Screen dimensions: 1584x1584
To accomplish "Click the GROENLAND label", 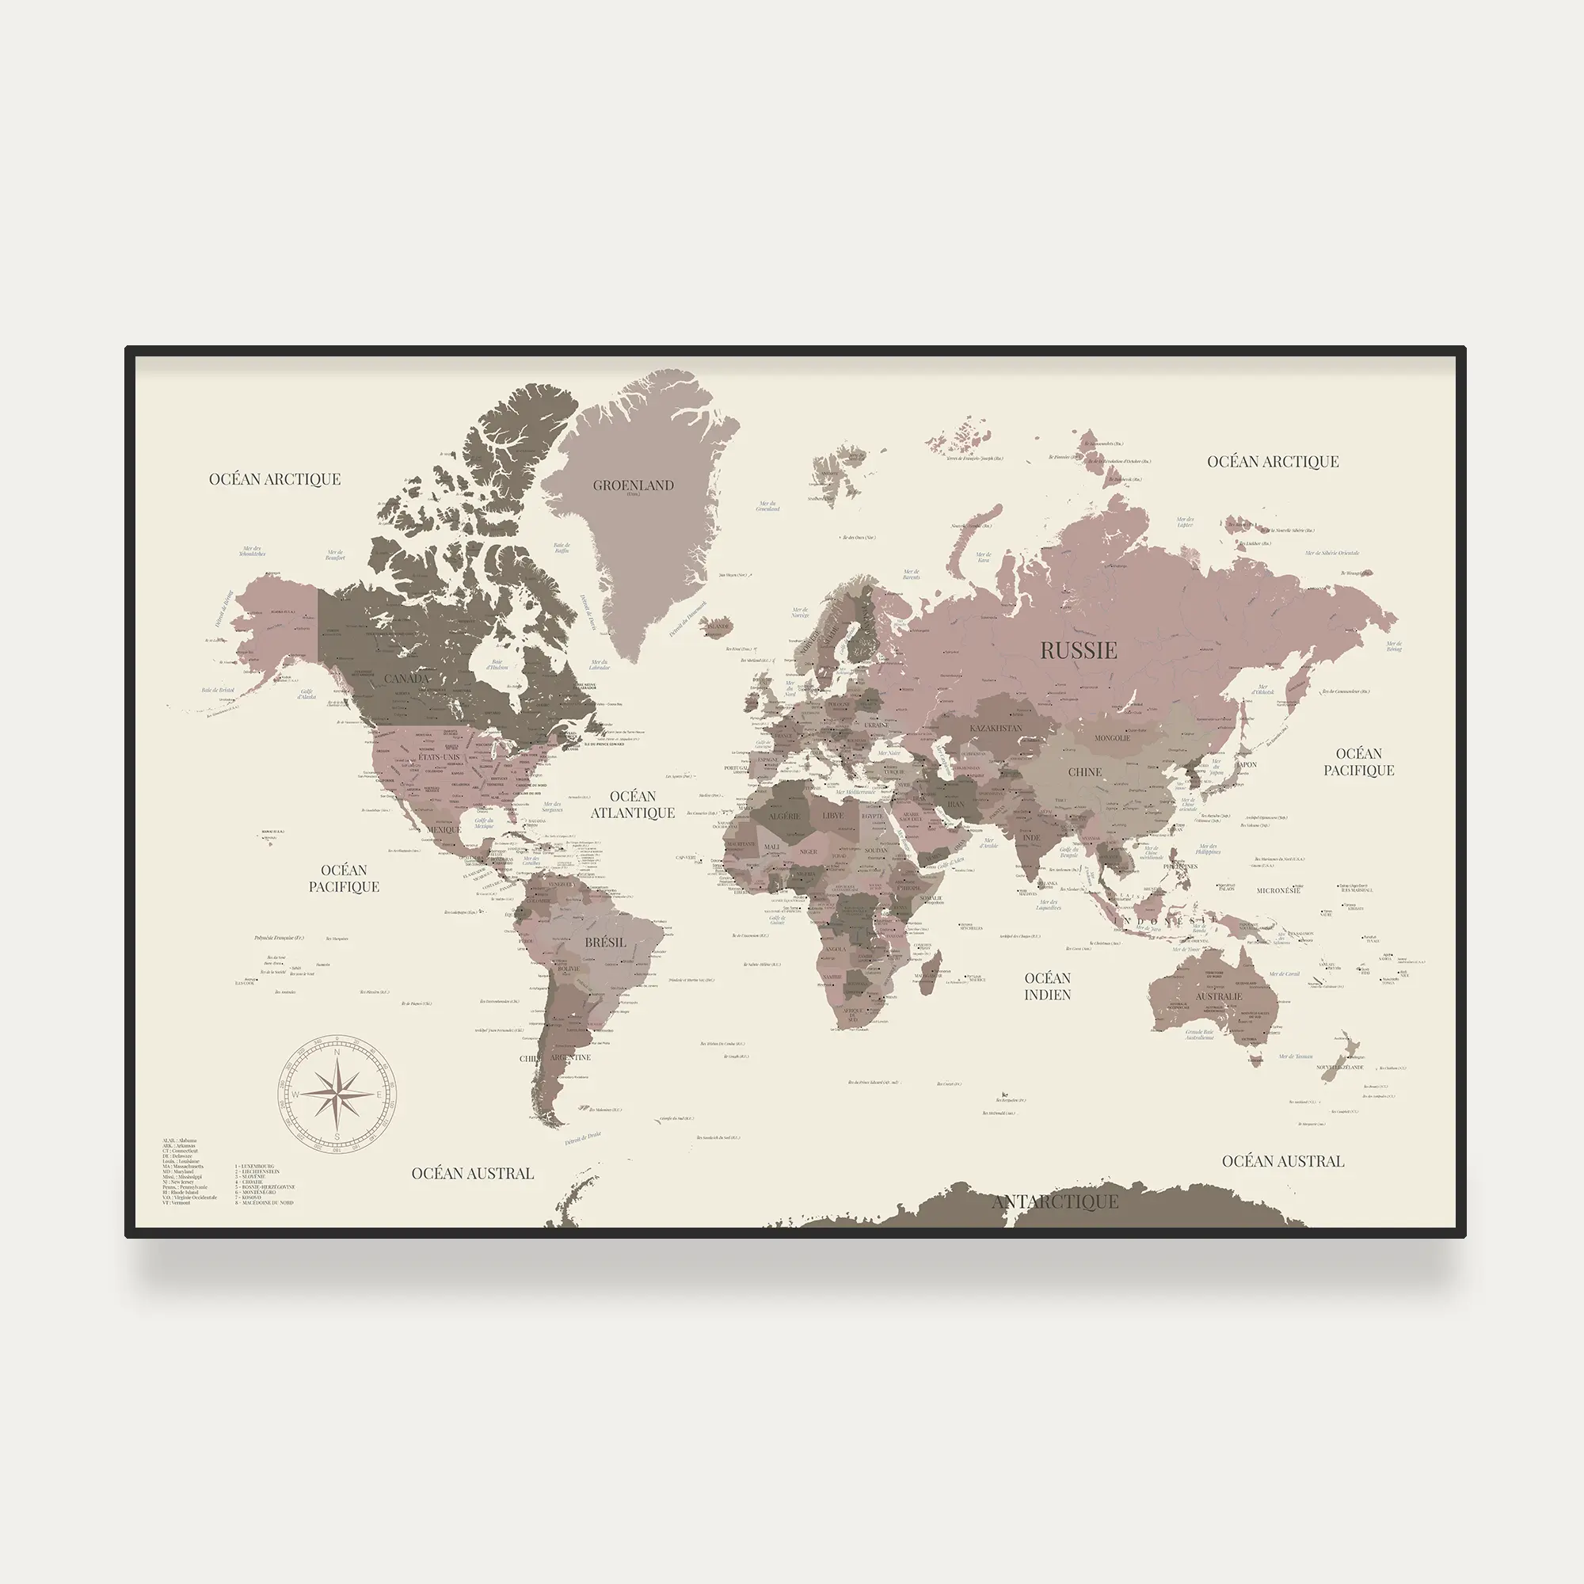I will point(633,485).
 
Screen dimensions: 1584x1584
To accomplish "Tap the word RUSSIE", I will point(1078,651).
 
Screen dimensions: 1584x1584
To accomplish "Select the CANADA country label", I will point(406,679).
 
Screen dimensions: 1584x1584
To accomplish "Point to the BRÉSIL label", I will point(605,942).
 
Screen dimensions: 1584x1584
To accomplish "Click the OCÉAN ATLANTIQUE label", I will point(633,805).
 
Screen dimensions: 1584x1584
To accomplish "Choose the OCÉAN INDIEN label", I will point(1047,986).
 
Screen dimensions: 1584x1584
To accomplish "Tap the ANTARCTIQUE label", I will point(1054,1202).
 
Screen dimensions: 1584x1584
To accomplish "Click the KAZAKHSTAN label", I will point(996,728).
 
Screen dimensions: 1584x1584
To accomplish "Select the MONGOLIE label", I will point(1113,738).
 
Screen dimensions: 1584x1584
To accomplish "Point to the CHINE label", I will point(1085,772).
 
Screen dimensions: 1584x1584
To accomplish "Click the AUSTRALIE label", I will point(1218,997).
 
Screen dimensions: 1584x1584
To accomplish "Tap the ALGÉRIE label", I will point(784,817).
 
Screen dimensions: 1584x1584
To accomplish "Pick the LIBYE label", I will point(832,816).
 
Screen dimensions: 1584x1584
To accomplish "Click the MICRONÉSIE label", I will point(1278,890).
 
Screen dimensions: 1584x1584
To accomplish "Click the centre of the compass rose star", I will point(337,1093).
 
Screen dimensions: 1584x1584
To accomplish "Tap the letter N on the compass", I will point(336,1052).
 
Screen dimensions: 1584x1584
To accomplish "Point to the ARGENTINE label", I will point(570,1057).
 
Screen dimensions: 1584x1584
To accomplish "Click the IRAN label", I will point(956,805).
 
